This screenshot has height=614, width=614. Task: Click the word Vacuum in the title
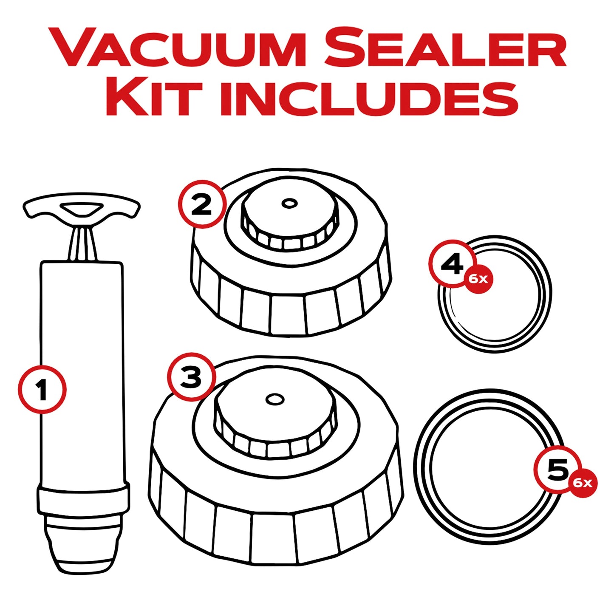[x=178, y=48]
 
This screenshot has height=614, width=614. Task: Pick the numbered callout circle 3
[x=191, y=376]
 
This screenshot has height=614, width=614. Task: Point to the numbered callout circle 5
[x=558, y=470]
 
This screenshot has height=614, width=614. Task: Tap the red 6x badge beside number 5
[x=583, y=483]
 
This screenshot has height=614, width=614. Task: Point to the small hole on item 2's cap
[x=289, y=204]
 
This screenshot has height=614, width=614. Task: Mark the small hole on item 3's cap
[x=274, y=399]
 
